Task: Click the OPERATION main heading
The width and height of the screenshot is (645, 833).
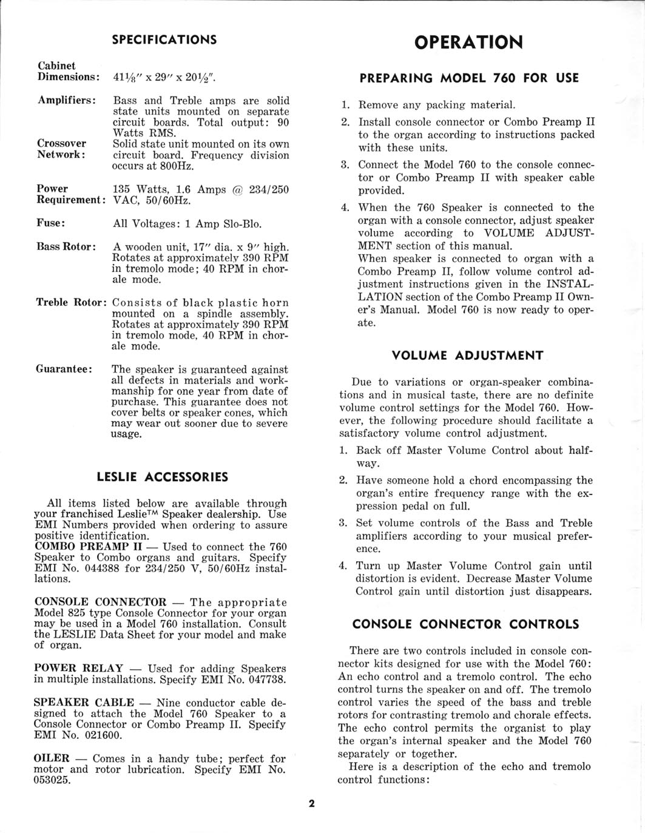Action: [x=468, y=42]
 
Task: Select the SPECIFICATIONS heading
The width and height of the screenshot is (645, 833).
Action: [x=164, y=39]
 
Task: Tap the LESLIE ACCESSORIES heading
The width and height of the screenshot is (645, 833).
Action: [x=163, y=476]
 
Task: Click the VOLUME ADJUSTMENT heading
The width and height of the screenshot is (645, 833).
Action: [x=467, y=355]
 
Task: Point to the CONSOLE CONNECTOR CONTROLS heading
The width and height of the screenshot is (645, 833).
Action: [x=466, y=624]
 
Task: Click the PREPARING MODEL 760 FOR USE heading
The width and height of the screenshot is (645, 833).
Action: [x=469, y=78]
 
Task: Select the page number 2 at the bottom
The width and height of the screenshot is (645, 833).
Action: [x=311, y=804]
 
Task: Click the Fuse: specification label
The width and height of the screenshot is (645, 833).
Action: [x=51, y=223]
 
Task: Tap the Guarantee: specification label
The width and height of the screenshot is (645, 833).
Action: [x=64, y=369]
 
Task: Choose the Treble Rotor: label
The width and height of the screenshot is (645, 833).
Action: [x=72, y=302]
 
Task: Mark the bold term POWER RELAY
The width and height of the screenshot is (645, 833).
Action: [x=79, y=668]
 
